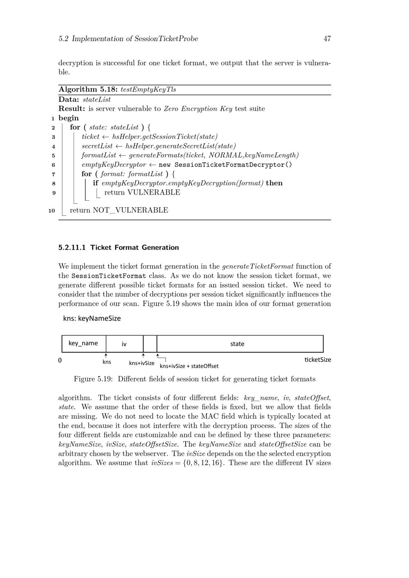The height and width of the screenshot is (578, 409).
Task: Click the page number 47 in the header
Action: (327, 39)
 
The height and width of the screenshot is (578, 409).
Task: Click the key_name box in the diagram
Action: (83, 343)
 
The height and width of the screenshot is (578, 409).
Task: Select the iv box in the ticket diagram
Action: (124, 344)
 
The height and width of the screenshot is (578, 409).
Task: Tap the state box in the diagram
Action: (237, 344)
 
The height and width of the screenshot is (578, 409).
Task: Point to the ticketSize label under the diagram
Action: (318, 360)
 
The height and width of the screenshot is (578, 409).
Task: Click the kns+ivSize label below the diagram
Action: (142, 363)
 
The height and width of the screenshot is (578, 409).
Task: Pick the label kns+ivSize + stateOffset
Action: (189, 366)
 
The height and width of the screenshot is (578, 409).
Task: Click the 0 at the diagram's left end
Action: (60, 361)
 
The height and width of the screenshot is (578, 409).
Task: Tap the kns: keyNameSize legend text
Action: (92, 318)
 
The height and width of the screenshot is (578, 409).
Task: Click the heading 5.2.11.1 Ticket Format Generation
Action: (119, 247)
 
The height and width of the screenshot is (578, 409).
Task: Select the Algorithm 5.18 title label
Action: (83, 90)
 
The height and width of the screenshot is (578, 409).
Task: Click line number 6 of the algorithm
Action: (54, 165)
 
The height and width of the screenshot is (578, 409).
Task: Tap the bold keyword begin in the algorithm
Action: (68, 118)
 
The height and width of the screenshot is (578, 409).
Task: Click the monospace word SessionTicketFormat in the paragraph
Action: (103, 276)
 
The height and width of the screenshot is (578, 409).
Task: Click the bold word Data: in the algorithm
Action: (69, 99)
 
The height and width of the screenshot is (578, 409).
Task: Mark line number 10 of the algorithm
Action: (52, 211)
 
